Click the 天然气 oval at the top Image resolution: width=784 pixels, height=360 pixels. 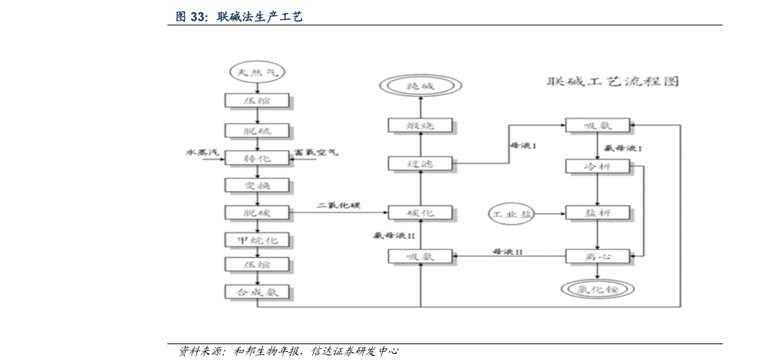(x=257, y=72)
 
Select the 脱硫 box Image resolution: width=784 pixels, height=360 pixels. (x=257, y=130)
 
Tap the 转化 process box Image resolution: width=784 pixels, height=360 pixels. (x=257, y=159)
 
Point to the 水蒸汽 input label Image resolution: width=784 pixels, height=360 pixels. (x=201, y=151)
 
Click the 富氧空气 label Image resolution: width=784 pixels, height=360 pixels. (x=316, y=151)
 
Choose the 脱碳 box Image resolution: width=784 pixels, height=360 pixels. (x=257, y=213)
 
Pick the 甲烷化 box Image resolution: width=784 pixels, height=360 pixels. (x=257, y=240)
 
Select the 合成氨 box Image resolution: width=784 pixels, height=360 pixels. (x=257, y=292)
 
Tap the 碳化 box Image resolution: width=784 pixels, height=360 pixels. (x=421, y=213)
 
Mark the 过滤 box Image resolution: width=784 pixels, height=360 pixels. (x=421, y=163)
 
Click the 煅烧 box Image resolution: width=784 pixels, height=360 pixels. (x=421, y=125)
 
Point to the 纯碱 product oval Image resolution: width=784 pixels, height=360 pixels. (x=421, y=87)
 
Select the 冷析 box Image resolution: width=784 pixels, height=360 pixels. (x=597, y=166)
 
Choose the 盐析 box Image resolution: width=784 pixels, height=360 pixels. (x=597, y=213)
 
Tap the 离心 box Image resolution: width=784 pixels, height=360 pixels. (x=597, y=257)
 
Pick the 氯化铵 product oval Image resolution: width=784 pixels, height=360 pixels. (x=597, y=290)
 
